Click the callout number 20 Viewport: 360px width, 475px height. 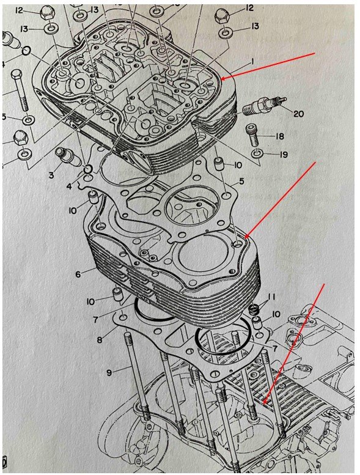click(x=298, y=114)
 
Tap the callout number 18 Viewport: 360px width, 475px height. click(x=279, y=136)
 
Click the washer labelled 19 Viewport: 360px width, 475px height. click(x=257, y=153)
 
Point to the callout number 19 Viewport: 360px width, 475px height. click(x=284, y=155)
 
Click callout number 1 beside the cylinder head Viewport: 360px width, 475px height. click(x=251, y=62)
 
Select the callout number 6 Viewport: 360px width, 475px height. click(x=78, y=274)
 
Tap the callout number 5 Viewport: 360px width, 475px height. click(x=241, y=182)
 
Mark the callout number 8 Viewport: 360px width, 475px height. click(x=100, y=340)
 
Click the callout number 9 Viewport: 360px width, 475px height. click(x=109, y=373)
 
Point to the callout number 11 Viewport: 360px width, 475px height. click(x=271, y=296)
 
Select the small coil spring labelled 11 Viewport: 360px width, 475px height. click(x=253, y=309)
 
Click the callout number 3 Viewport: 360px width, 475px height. click(x=52, y=175)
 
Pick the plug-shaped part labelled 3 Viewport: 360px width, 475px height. click(x=68, y=156)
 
